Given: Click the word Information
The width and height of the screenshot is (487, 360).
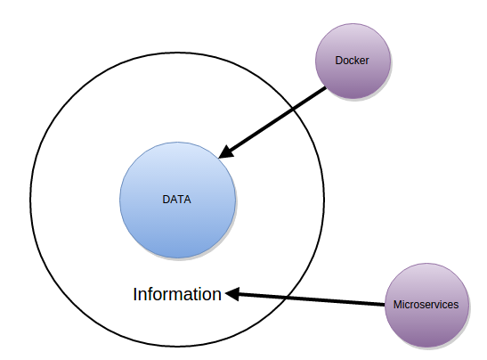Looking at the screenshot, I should point(177,294).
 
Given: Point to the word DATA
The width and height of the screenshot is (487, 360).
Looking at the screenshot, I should point(176,200).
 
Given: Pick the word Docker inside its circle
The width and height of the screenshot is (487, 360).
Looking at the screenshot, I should point(351,61).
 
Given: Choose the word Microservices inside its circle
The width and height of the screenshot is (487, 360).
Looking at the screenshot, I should point(426,304).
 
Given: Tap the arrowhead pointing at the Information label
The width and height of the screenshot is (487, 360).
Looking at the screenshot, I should point(231,293).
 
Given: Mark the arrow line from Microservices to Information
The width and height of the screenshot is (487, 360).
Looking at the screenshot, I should point(307,299).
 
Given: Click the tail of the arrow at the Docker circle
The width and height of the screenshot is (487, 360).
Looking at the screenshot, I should point(327,87).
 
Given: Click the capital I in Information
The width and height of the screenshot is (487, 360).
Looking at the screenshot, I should point(135,294).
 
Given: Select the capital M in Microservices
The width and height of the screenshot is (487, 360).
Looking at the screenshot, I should point(397,304).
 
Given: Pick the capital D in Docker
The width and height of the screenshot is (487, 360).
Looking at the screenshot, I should point(337,61).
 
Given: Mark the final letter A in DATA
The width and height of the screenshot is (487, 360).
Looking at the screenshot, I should point(187,200).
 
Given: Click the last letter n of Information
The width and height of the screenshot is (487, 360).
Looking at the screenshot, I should point(216,295).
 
